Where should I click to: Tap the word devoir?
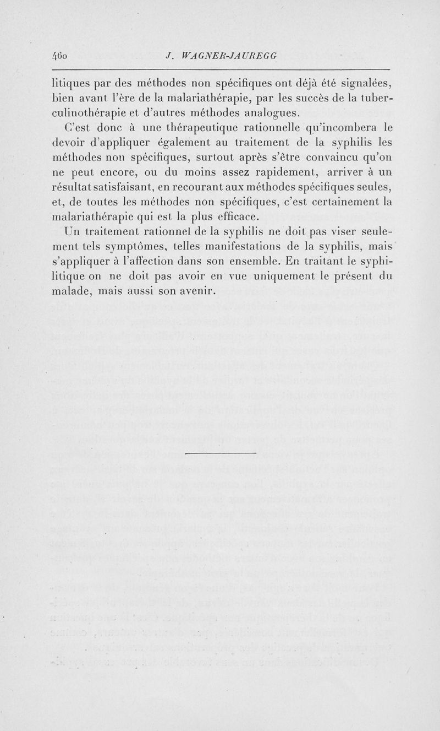(x=66, y=143)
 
